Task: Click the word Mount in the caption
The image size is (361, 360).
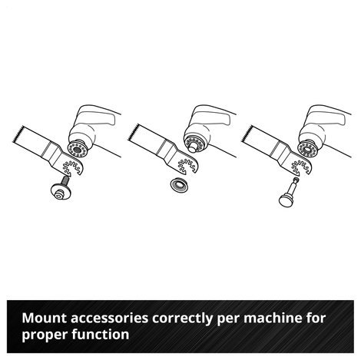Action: pos(45,318)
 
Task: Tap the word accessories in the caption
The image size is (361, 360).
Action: pos(109,319)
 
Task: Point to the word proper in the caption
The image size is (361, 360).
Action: pos(45,335)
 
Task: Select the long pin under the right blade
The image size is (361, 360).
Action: pos(290,192)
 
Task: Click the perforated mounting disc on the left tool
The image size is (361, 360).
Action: pos(78,150)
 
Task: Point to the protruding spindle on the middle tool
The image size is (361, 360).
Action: pos(192,147)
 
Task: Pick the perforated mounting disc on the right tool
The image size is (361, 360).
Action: pos(307,150)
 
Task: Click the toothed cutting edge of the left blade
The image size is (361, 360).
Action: pos(18,134)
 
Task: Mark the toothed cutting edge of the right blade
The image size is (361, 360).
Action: pos(247,134)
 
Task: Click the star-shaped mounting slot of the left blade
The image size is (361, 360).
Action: pos(71,167)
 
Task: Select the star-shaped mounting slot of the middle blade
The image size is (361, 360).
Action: pos(187,166)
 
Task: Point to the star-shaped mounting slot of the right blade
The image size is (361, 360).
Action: pos(301,167)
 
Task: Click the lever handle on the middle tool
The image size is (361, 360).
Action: pos(213,115)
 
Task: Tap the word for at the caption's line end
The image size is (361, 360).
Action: pos(316,318)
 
